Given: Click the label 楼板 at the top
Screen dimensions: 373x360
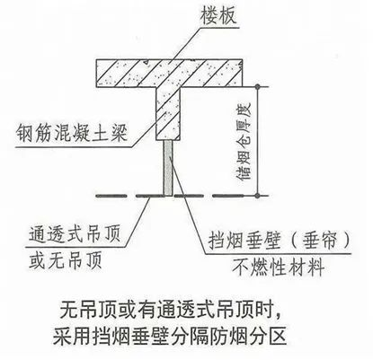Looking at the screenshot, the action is click(219, 15).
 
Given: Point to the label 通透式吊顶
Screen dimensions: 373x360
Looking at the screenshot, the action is click(75, 234).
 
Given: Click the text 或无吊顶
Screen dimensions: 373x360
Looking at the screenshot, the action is click(66, 259).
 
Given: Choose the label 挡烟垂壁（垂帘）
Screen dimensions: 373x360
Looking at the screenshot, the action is click(279, 241).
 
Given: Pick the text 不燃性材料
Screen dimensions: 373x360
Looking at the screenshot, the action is click(278, 267).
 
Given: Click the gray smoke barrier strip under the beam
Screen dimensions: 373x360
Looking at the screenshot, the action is click(168, 168).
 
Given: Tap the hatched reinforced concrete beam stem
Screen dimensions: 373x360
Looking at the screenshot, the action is click(168, 114).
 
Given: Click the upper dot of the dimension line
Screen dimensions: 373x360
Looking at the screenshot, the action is click(257, 87).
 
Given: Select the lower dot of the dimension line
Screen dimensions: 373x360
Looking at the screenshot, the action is click(257, 196).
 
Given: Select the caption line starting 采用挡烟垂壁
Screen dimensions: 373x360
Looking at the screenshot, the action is click(170, 337).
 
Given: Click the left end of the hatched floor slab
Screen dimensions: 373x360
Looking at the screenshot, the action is click(96, 74).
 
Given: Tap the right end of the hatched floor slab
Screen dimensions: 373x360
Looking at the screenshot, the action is click(242, 74).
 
